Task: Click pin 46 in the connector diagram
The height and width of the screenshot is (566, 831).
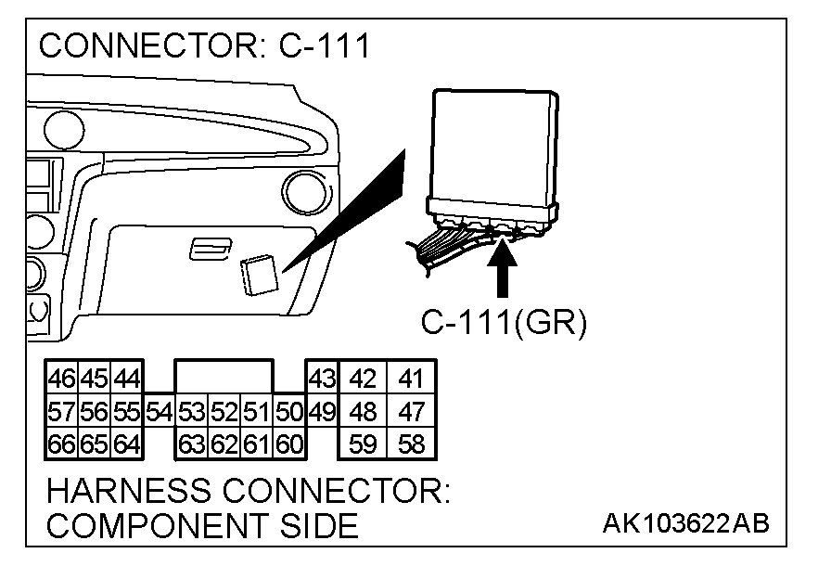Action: pos(61,379)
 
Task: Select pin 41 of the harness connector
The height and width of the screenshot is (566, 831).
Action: pos(409,379)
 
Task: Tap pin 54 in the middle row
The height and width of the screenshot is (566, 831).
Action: pos(159,411)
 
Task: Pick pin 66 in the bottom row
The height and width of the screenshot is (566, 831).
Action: pos(61,444)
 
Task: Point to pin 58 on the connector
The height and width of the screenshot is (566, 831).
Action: pos(409,444)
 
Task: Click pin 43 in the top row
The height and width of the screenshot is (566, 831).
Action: pos(321,379)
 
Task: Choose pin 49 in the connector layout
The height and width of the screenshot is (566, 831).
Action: pos(321,411)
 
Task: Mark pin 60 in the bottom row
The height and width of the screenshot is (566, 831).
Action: pos(289,444)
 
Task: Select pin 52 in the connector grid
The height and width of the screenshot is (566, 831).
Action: pos(224,411)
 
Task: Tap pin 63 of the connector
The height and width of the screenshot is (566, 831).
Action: pos(191,444)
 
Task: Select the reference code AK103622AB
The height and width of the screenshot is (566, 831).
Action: pos(685,524)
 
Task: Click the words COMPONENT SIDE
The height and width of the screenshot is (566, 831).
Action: pos(202,526)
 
